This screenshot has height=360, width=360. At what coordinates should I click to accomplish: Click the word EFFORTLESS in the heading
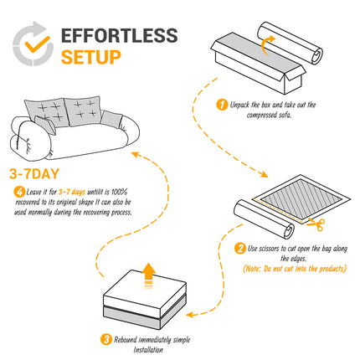click(119, 35)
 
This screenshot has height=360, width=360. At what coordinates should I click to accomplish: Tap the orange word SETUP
click(91, 57)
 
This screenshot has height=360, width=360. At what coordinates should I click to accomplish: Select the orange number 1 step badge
click(222, 105)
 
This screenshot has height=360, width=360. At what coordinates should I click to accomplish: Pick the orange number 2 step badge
click(240, 248)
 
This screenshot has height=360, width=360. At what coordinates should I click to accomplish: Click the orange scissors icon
click(316, 223)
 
